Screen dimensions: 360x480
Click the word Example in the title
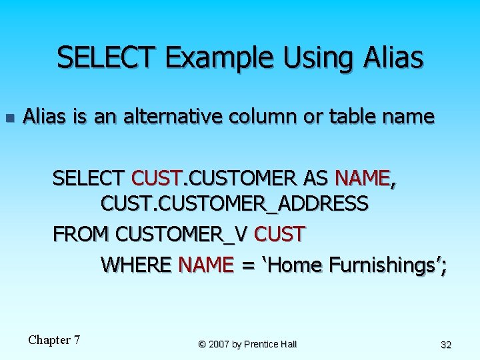[221, 58]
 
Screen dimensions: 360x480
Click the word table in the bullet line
[353, 117]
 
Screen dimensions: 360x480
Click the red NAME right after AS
[362, 179]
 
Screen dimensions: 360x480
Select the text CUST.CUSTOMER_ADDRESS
[234, 203]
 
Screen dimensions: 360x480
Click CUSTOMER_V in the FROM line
[182, 235]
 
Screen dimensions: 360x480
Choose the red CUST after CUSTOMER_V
[279, 235]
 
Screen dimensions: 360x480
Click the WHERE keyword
[137, 265]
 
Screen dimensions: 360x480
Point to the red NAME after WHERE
[206, 265]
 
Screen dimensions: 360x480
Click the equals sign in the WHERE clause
[248, 266]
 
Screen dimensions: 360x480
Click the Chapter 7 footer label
[54, 340]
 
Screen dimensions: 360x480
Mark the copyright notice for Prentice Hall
[247, 344]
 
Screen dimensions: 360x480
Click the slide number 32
[446, 345]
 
